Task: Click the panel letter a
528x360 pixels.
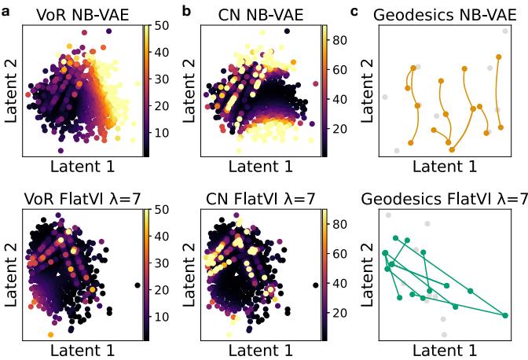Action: (x=6, y=10)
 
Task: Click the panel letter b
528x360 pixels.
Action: (x=187, y=10)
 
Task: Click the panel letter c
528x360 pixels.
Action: (x=355, y=10)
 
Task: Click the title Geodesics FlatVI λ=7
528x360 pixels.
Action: (x=445, y=199)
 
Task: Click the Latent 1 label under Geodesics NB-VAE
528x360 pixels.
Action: (x=445, y=166)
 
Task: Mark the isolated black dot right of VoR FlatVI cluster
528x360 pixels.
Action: (x=137, y=285)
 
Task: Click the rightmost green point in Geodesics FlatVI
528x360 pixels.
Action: (x=504, y=315)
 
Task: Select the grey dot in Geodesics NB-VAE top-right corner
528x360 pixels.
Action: (x=505, y=31)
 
